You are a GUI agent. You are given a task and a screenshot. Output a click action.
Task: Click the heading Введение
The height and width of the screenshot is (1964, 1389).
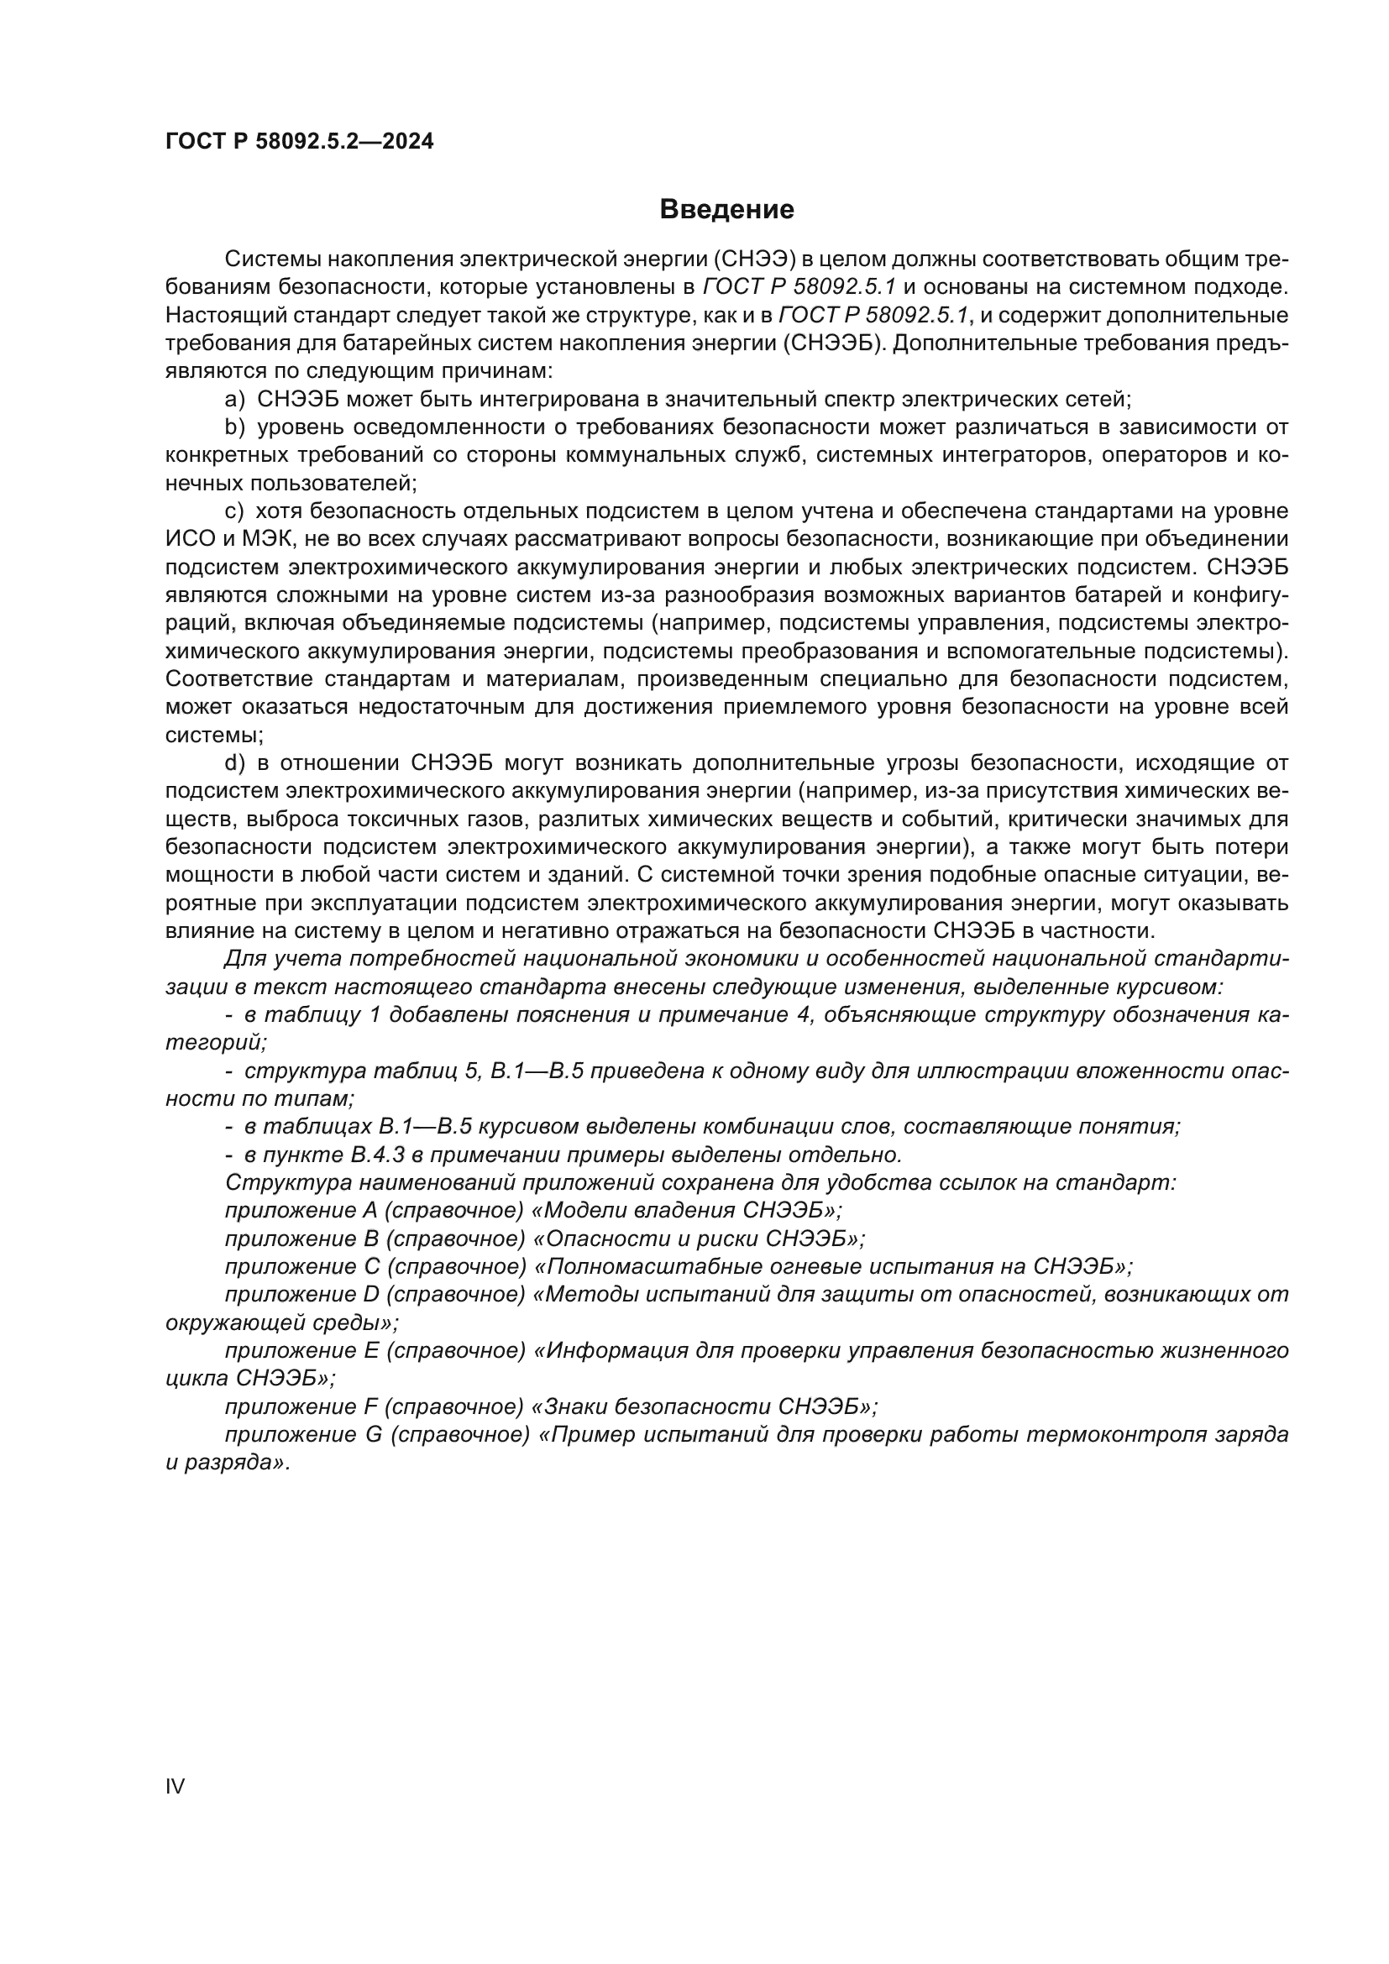[726, 210]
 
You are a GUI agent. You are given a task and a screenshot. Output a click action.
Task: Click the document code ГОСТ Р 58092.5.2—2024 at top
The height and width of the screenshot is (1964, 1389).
[299, 142]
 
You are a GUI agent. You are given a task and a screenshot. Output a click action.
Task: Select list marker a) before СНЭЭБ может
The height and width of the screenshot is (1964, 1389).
[234, 400]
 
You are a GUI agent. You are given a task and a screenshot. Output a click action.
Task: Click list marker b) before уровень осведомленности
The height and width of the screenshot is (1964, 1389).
[234, 427]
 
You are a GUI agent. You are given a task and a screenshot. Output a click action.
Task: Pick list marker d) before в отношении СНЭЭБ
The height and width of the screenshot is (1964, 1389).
[234, 763]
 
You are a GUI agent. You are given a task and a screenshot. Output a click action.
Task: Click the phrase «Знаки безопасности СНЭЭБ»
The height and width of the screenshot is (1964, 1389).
[705, 1406]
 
